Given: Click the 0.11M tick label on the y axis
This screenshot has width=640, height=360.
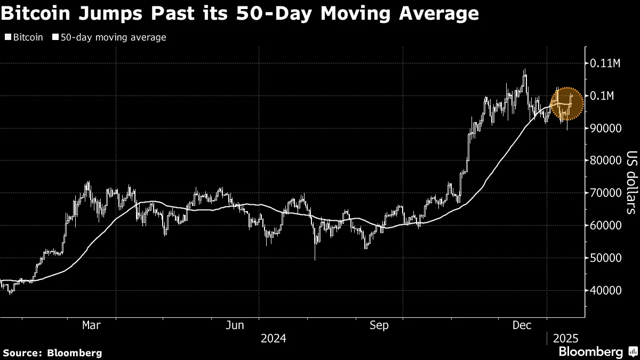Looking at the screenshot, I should (x=605, y=63).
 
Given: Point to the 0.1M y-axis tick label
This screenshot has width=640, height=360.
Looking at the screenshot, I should (x=603, y=96).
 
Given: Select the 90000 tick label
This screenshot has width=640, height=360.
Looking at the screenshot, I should (x=605, y=129).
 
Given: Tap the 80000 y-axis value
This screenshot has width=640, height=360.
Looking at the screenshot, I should (x=605, y=161).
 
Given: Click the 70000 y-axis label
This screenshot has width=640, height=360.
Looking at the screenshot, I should (x=605, y=194).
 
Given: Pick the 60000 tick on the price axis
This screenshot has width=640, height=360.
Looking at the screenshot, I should (x=605, y=226).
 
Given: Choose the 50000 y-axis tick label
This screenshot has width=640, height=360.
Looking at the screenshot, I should (x=605, y=258).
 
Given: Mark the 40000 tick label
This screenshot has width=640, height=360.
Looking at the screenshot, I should (x=605, y=291).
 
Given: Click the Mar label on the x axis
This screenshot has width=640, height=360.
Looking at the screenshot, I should (x=92, y=325).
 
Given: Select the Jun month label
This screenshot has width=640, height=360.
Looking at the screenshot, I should (x=235, y=325).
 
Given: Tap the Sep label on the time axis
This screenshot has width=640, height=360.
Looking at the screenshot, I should (x=379, y=325).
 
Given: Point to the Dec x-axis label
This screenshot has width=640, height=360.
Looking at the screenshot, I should (x=522, y=325).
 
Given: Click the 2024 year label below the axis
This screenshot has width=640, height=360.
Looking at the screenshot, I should (x=273, y=338).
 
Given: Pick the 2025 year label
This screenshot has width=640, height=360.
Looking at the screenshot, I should (x=565, y=338).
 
